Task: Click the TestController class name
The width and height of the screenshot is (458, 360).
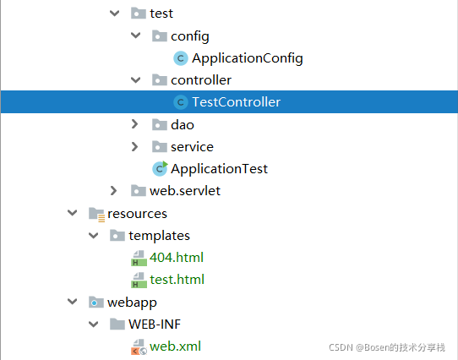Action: pyautogui.click(x=237, y=102)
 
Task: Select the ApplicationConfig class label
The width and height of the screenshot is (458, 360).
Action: pyautogui.click(x=248, y=58)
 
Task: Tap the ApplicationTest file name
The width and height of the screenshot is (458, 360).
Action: pyautogui.click(x=219, y=169)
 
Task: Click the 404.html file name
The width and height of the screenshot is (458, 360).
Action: pyautogui.click(x=177, y=258)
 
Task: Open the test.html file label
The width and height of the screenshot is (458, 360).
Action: pyautogui.click(x=177, y=280)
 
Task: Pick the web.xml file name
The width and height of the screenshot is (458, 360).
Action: pyautogui.click(x=175, y=346)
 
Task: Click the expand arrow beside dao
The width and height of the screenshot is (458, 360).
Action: pyautogui.click(x=134, y=124)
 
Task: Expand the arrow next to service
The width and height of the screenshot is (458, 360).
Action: pyautogui.click(x=134, y=146)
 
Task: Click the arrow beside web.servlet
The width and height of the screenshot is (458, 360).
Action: pyautogui.click(x=113, y=190)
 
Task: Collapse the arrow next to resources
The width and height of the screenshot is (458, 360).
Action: pyautogui.click(x=72, y=213)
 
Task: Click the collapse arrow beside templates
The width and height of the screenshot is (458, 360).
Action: pyautogui.click(x=93, y=235)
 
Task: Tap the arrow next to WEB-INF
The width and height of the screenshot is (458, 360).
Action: pyautogui.click(x=93, y=324)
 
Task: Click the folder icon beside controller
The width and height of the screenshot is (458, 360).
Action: pyautogui.click(x=160, y=79)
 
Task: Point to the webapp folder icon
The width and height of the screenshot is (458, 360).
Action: pyautogui.click(x=96, y=303)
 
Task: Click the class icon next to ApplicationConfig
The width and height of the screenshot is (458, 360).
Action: pyautogui.click(x=181, y=58)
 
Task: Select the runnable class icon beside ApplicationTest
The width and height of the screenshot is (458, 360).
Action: pyautogui.click(x=160, y=169)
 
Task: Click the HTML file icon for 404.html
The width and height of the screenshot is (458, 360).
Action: pyautogui.click(x=139, y=258)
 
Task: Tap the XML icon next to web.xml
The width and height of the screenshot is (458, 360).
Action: pyautogui.click(x=139, y=346)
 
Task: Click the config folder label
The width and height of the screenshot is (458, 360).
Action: pyautogui.click(x=190, y=36)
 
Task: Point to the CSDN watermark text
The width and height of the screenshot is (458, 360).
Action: pyautogui.click(x=387, y=347)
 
